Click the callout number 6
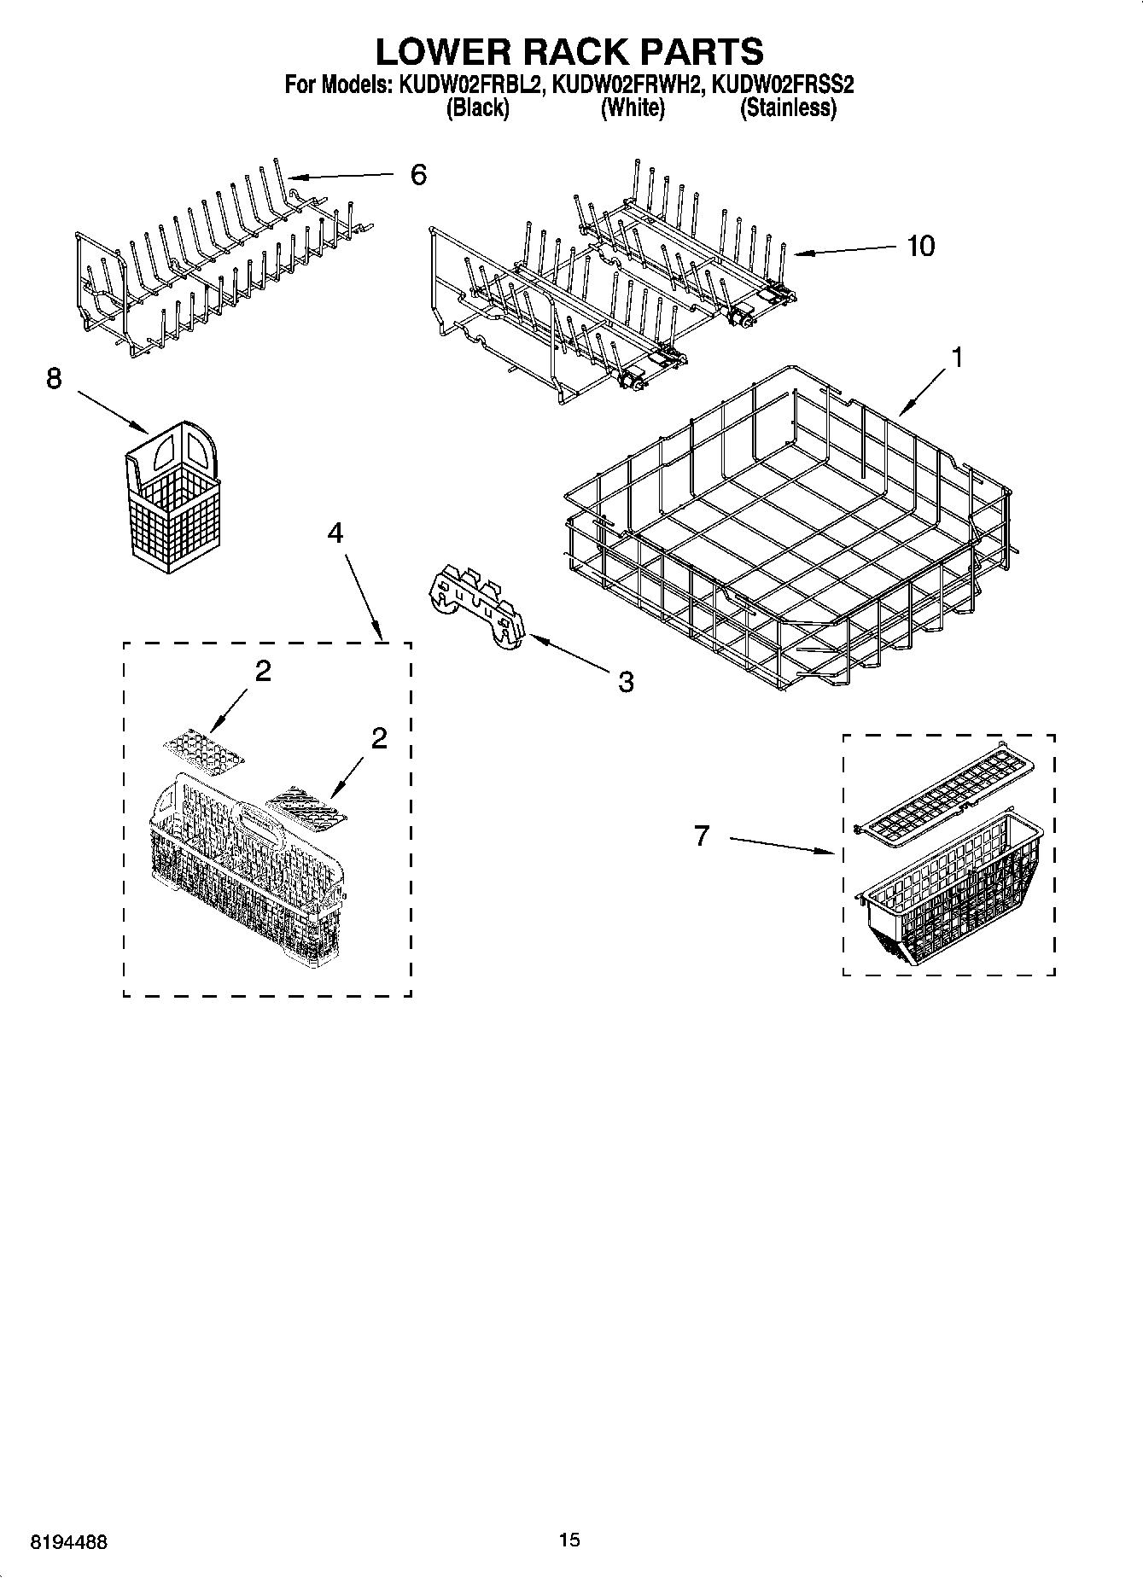(x=417, y=175)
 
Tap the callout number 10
(x=920, y=246)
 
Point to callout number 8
(x=54, y=378)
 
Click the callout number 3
(x=626, y=681)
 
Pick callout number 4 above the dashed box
(x=335, y=533)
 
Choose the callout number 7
(x=702, y=836)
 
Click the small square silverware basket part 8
(x=174, y=499)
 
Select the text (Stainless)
(x=787, y=108)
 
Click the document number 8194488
(x=69, y=1541)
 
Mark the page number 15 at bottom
(x=569, y=1540)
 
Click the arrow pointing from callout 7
(x=780, y=845)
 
